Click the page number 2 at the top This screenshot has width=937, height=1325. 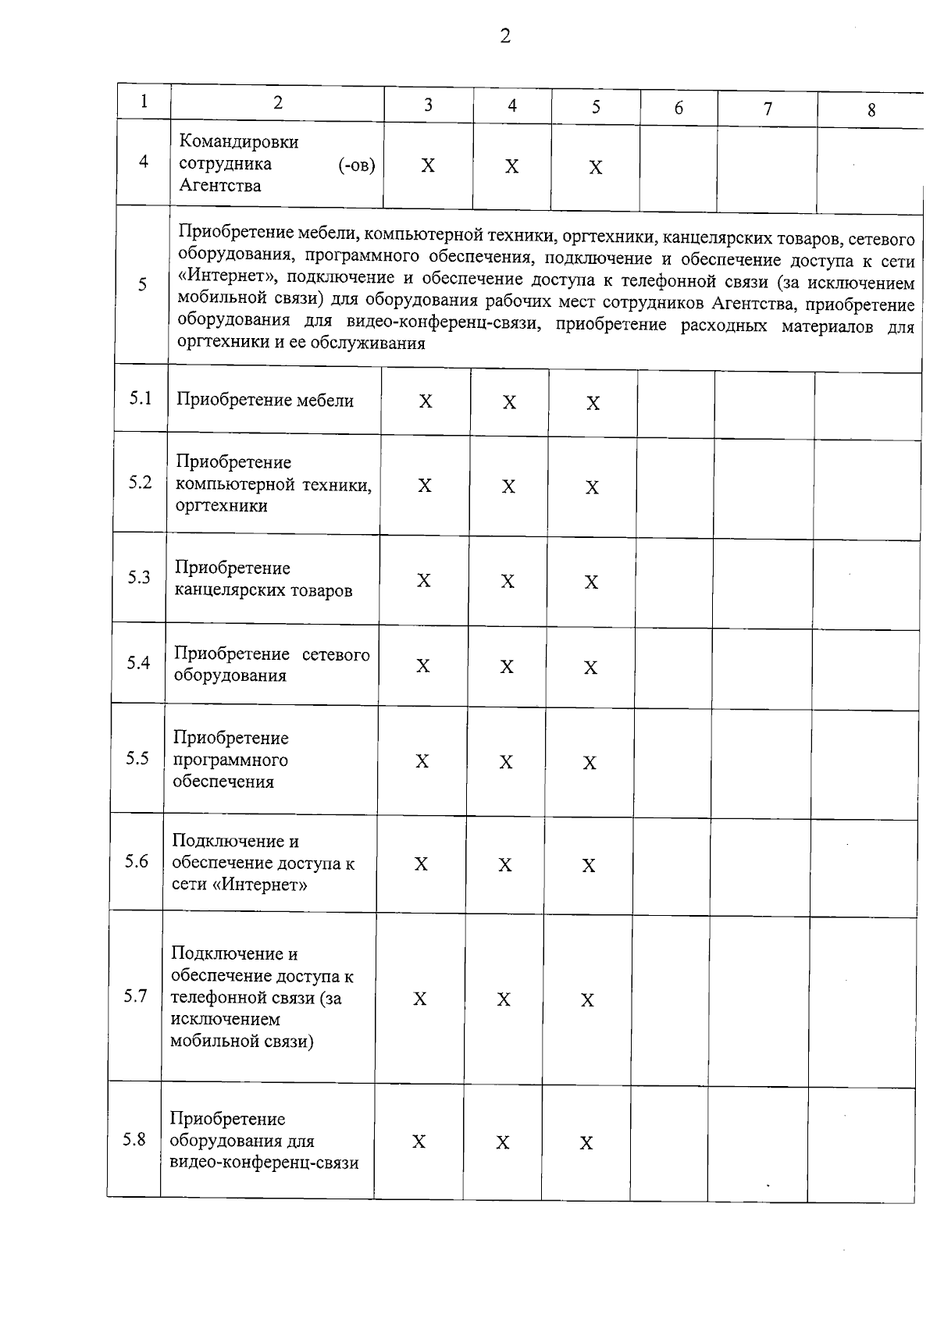pyautogui.click(x=505, y=36)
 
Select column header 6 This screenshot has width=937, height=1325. pyautogui.click(x=679, y=108)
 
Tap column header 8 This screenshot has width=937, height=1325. pyautogui.click(x=871, y=110)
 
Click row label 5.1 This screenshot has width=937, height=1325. pyautogui.click(x=141, y=398)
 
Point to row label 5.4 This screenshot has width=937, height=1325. pyautogui.click(x=138, y=663)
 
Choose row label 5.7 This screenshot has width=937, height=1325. pyautogui.click(x=135, y=996)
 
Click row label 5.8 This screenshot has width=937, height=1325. pyautogui.click(x=134, y=1139)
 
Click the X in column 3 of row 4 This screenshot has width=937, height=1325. pyautogui.click(x=428, y=166)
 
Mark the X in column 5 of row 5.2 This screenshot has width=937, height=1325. pyautogui.click(x=593, y=488)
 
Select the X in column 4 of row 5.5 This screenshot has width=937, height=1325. pyautogui.click(x=506, y=762)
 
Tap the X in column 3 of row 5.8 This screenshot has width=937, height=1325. pyautogui.click(x=419, y=1142)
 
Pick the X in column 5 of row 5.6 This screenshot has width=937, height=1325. pyautogui.click(x=589, y=866)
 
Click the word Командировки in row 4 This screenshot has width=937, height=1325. pyautogui.click(x=239, y=142)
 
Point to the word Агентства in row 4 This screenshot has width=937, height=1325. pyautogui.click(x=220, y=186)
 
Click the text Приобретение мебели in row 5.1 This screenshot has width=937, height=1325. pyautogui.click(x=265, y=401)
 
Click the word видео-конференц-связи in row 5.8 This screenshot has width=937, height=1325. pyautogui.click(x=264, y=1163)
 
